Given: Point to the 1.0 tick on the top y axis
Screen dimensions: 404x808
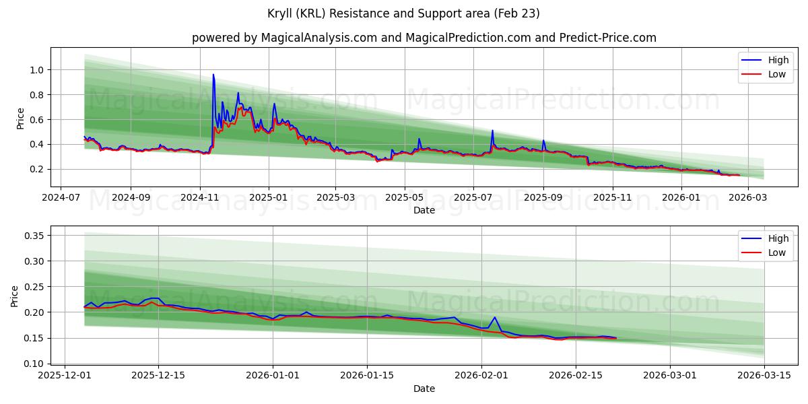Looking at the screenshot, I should click(x=36, y=70).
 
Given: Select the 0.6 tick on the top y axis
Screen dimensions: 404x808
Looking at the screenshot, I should click(x=36, y=120).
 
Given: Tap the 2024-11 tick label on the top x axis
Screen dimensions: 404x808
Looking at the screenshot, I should click(x=199, y=198).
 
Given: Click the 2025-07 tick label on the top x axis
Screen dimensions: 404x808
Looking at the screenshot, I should click(x=473, y=198).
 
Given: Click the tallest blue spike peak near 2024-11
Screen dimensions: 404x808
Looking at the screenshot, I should click(x=213, y=75).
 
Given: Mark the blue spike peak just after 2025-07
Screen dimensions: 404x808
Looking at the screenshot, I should click(x=492, y=131).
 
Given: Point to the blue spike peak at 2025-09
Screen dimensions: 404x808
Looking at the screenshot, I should click(x=543, y=141).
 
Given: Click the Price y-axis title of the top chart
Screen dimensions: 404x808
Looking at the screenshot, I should click(x=21, y=119).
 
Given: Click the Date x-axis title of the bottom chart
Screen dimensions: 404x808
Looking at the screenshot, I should click(x=424, y=389).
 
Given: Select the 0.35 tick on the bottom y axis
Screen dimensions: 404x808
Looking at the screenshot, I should click(x=34, y=236).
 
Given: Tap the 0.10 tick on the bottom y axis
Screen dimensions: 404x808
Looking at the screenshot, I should click(x=34, y=364).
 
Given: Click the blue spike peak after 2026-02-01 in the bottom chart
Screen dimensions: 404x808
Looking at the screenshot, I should click(x=494, y=317).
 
